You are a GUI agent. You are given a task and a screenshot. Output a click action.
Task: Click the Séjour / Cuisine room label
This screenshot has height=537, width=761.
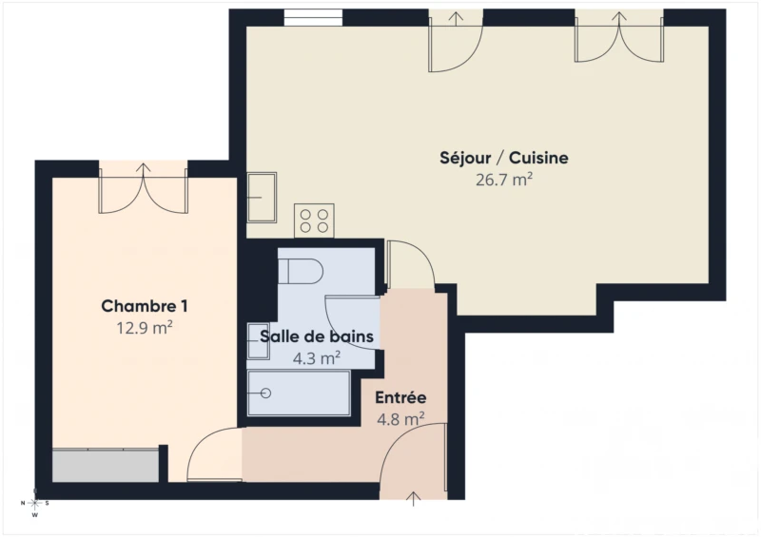pos(504,158)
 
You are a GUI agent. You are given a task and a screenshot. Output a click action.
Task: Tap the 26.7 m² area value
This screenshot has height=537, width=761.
pos(504,180)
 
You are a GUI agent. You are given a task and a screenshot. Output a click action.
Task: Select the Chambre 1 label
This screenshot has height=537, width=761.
pos(145,306)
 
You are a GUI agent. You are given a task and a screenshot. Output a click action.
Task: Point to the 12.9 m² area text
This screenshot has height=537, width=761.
pos(145,328)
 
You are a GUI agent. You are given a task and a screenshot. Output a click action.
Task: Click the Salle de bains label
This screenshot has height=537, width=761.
pos(317,336)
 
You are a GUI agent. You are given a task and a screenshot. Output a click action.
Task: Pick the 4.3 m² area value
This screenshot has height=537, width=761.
pos(317,358)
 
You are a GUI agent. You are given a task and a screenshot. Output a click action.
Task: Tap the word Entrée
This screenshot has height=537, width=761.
pos(400,397)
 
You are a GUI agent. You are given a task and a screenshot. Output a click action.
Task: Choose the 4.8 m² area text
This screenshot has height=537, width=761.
pos(400,418)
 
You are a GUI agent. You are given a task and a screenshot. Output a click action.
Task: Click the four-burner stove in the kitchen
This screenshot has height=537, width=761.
pos(314,221)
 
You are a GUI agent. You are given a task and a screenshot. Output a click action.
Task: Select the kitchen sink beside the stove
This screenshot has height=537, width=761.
pos(263,198)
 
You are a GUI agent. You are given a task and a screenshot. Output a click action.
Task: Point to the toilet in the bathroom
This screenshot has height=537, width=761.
pos(301,271)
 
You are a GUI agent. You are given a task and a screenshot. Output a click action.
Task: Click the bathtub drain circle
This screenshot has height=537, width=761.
pos(266,393)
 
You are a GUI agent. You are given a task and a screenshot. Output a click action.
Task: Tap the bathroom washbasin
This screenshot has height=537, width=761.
pos(258,341)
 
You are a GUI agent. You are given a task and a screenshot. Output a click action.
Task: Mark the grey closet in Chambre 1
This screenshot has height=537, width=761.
pos(106,466)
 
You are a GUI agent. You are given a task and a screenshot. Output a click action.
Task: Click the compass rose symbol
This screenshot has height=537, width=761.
pos(35,503)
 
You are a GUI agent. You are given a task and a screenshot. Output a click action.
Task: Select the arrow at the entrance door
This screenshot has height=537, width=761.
pos(414,499)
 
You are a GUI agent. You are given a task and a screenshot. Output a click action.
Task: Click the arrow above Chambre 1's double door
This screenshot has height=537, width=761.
pos(144,170)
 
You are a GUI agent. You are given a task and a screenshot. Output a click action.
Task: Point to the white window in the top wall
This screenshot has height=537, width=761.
pos(313,18)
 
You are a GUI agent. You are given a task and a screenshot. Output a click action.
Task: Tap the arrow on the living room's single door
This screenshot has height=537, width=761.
pos(456,18)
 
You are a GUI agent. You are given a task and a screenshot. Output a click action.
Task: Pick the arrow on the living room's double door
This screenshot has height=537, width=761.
pos(619,18)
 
